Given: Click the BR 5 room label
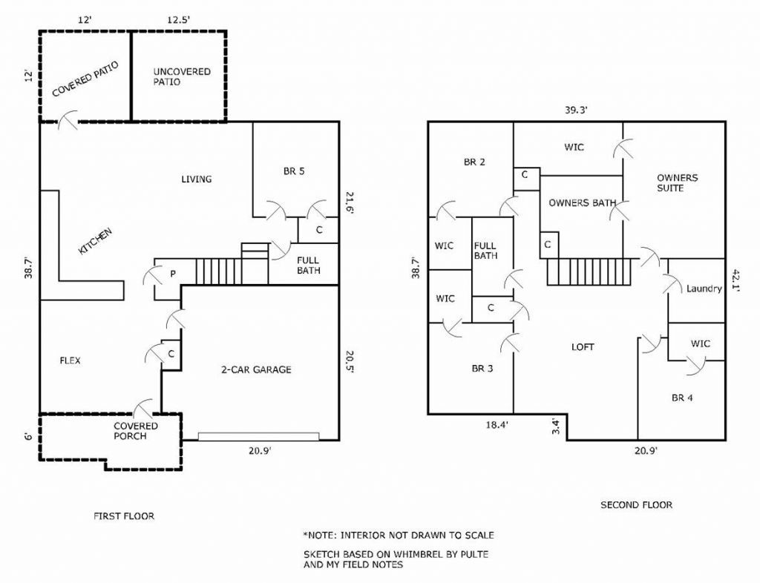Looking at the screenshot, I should [294, 171].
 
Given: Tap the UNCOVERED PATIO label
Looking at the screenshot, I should [182, 76].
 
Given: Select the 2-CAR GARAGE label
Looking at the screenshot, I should [256, 369].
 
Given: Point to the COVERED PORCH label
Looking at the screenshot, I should [135, 431].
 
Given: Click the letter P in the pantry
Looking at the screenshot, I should [173, 274].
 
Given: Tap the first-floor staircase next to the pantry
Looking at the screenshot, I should [217, 271].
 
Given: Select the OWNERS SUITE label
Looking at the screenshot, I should [677, 183].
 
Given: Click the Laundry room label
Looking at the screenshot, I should [704, 289].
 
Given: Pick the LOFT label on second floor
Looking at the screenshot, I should [583, 346].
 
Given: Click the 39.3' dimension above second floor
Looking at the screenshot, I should [576, 109].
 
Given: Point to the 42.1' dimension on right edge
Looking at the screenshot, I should [736, 280].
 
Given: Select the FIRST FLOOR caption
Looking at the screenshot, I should [124, 516].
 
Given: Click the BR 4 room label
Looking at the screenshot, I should [682, 398].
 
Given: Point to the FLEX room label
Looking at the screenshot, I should [70, 360].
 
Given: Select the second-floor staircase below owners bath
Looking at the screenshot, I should [588, 271].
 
